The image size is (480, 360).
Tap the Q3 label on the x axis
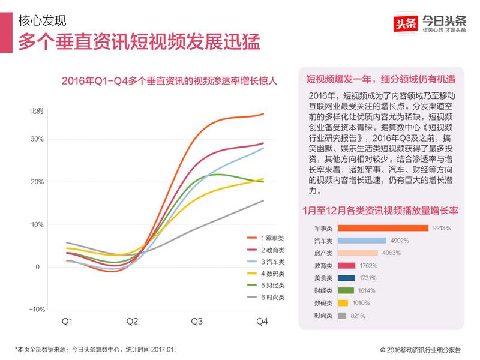pyautogui.click(x=196, y=322)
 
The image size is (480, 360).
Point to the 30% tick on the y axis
pyautogui.click(x=37, y=139)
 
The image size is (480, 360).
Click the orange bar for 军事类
pyautogui.click(x=383, y=228)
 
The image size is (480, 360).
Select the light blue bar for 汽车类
pyautogui.click(x=362, y=241)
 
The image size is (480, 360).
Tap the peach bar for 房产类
pyautogui.click(x=358, y=253)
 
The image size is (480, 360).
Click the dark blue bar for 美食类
pyautogui.click(x=347, y=278)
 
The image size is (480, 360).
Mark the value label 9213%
pyautogui.click(x=441, y=228)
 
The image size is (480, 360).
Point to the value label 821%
pyautogui.click(x=358, y=316)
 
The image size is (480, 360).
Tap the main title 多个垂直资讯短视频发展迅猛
pyautogui.click(x=139, y=43)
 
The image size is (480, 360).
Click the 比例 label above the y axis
pyautogui.click(x=37, y=112)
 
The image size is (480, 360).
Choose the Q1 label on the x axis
pyautogui.click(x=67, y=322)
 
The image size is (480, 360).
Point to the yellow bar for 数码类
pyautogui.click(x=343, y=303)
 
